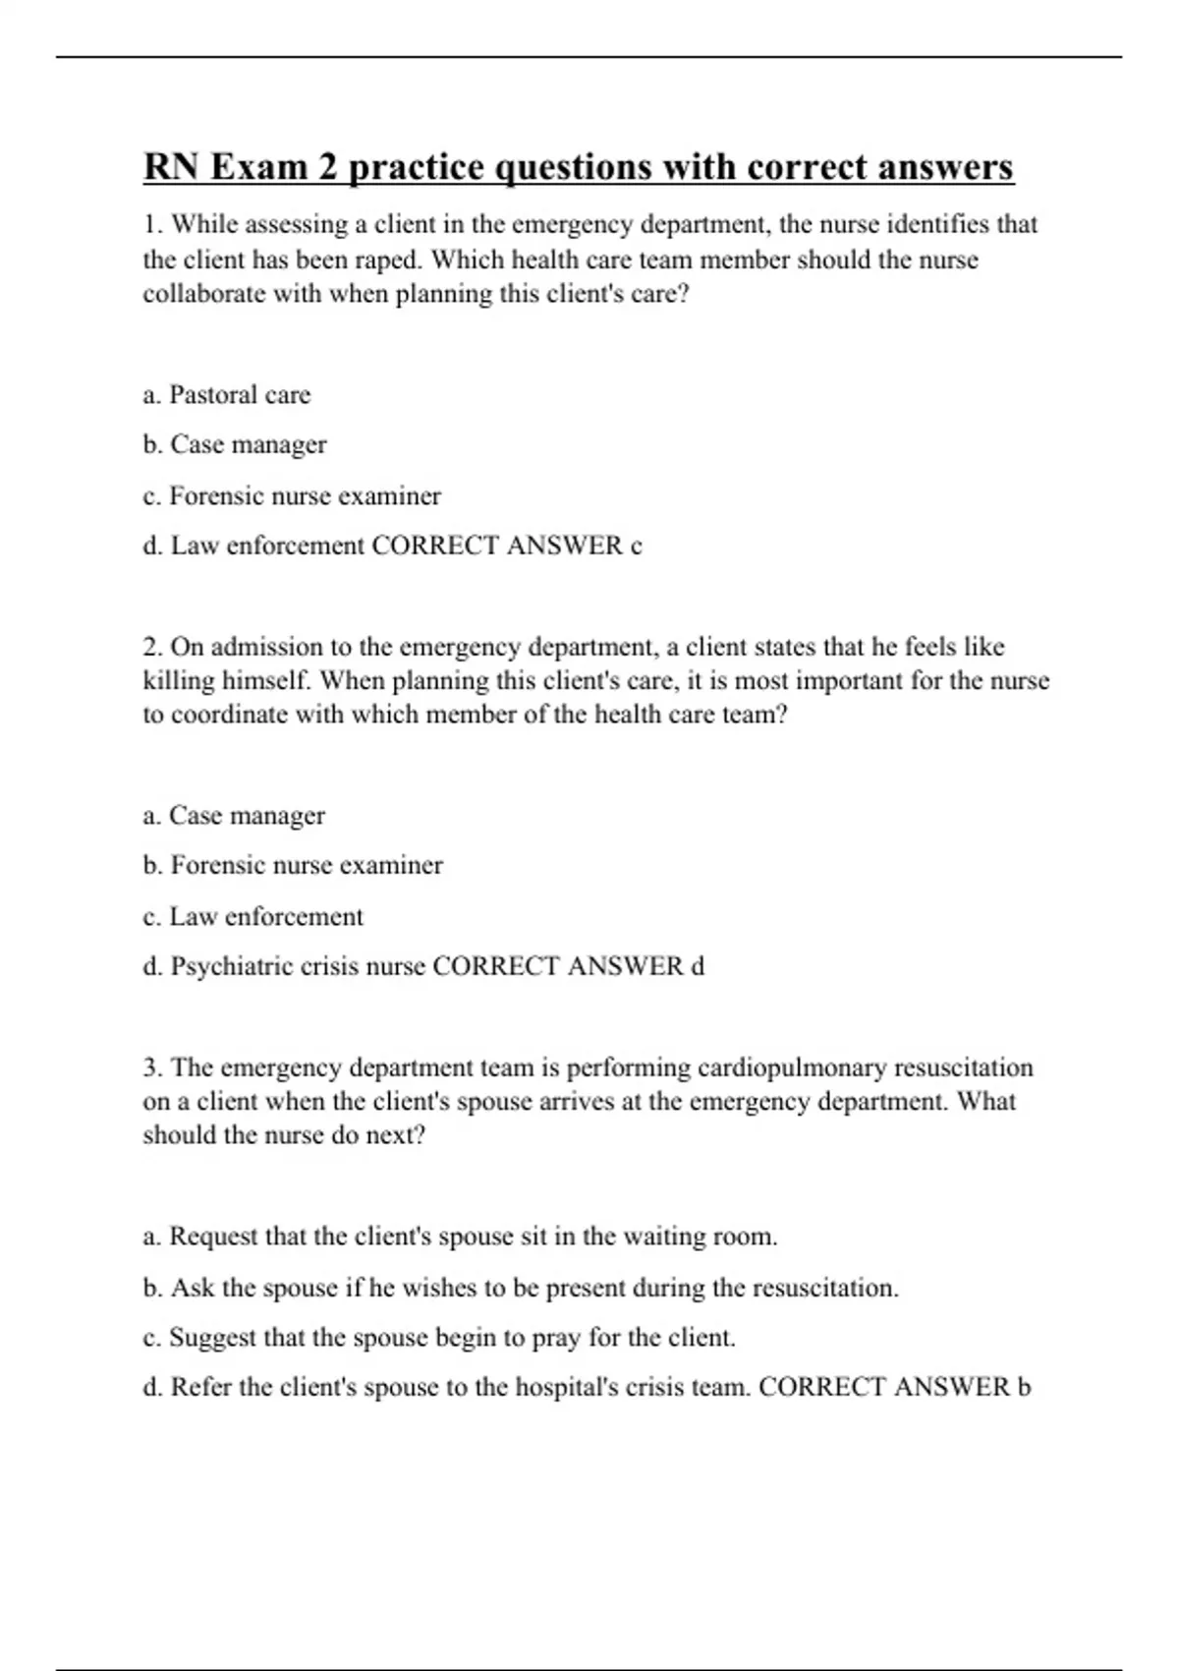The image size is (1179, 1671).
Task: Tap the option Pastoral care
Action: pos(239,395)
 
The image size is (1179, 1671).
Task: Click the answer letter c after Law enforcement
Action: pos(636,547)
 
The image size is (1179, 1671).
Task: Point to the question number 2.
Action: pos(151,647)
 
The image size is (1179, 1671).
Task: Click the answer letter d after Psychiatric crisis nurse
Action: pos(698,967)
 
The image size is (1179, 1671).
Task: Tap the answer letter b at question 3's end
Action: pos(1024,1388)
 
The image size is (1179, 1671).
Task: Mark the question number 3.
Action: pos(151,1067)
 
